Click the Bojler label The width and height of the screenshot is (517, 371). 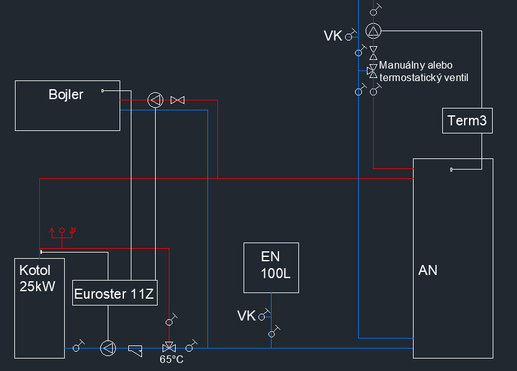click(x=66, y=95)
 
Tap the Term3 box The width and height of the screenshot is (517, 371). click(x=467, y=120)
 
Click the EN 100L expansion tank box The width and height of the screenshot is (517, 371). click(x=271, y=267)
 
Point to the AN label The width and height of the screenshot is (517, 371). click(x=428, y=270)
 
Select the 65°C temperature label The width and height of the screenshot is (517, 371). click(x=172, y=360)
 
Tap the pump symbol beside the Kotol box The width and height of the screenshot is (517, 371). click(x=108, y=348)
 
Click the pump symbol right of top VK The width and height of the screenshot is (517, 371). click(x=373, y=31)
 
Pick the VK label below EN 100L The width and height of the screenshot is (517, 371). click(x=247, y=316)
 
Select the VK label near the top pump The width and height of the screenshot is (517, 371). click(x=333, y=36)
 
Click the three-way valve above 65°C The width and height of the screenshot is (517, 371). click(x=168, y=347)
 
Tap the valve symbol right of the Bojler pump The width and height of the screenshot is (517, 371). click(x=178, y=100)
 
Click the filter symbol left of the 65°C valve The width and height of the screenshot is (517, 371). click(x=136, y=349)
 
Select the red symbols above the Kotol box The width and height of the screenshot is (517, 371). click(x=63, y=231)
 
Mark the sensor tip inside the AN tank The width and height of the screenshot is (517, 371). click(x=452, y=170)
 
